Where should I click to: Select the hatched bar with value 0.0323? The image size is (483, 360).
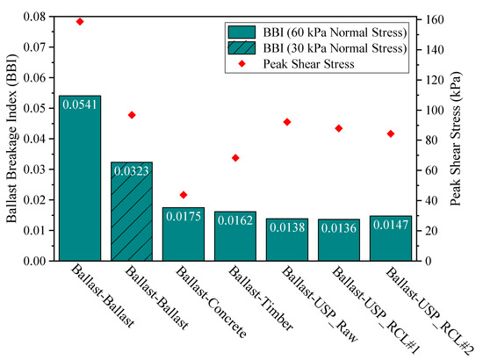tap(131, 211)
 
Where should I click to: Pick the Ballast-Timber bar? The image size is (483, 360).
tap(235, 236)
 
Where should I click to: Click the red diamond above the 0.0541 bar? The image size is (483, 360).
tap(79, 21)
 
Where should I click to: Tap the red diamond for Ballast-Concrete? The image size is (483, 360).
tap(184, 195)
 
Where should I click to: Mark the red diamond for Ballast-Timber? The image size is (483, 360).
tap(235, 158)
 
